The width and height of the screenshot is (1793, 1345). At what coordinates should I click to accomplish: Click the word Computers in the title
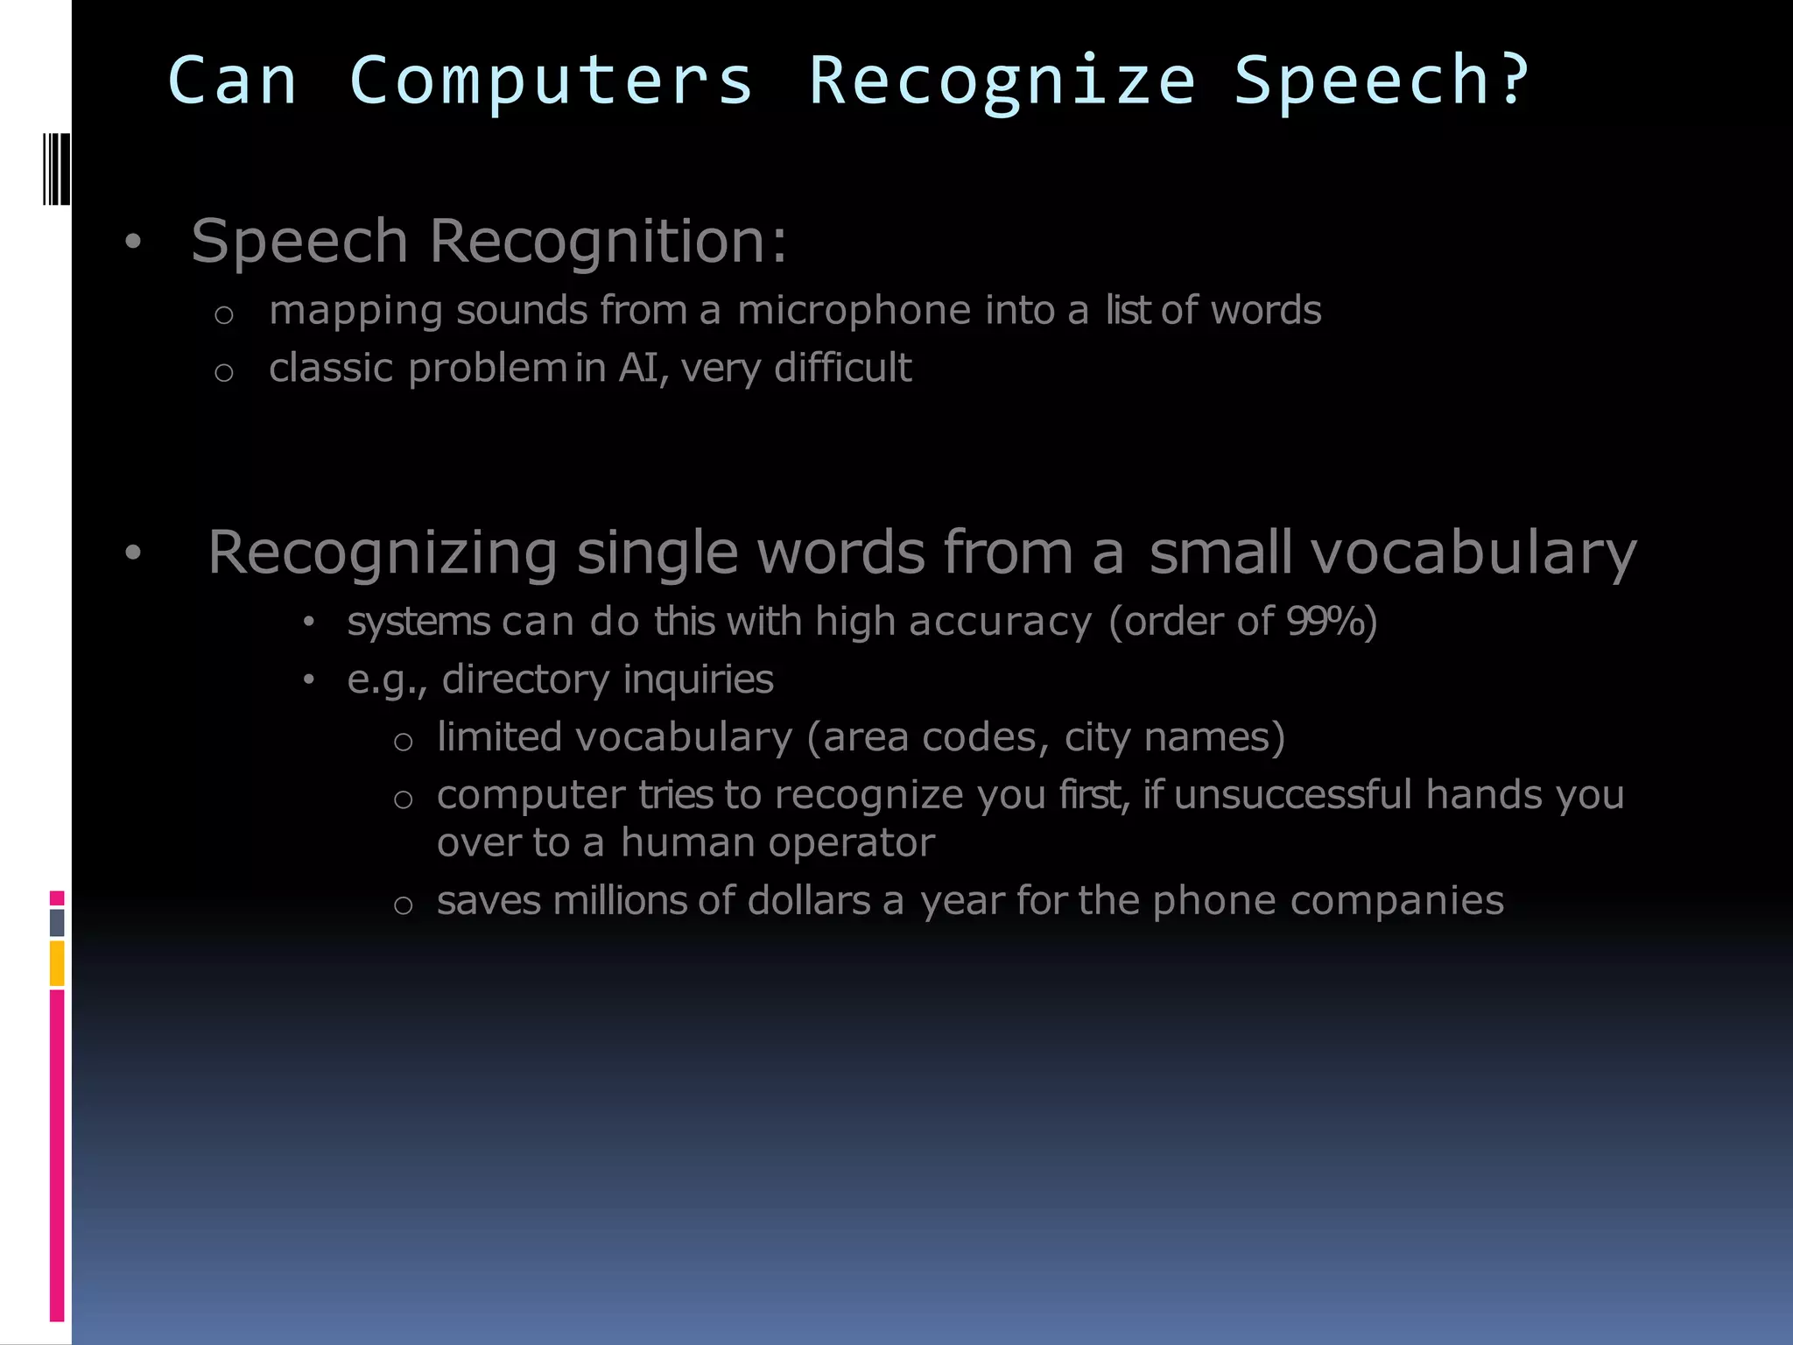(551, 81)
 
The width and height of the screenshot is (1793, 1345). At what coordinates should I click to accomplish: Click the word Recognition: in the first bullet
(608, 241)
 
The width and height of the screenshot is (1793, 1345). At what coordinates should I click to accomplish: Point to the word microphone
(854, 311)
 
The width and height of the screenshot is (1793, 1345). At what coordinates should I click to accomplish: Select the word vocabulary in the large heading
(1473, 553)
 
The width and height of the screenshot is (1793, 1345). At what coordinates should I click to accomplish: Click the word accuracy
(1001, 623)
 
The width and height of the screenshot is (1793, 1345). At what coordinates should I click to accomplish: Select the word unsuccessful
(1292, 795)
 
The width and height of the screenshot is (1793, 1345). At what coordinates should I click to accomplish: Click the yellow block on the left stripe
(57, 963)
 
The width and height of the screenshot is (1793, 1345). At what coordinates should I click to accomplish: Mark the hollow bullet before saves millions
(403, 905)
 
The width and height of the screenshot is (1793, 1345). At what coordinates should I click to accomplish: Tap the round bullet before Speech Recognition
(132, 242)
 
